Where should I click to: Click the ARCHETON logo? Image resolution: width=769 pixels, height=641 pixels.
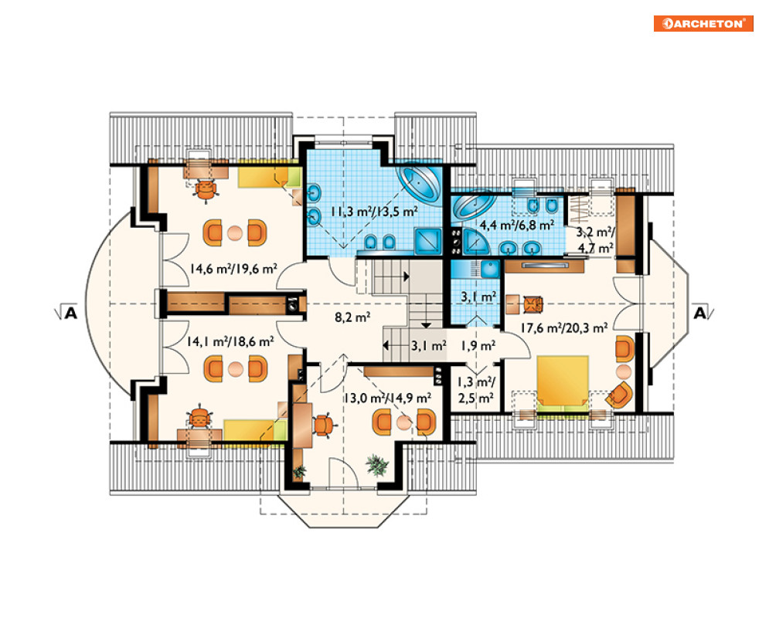(703, 23)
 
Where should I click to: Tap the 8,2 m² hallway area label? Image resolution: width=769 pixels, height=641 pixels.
(352, 317)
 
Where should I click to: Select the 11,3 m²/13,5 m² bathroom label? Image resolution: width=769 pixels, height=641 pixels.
(374, 212)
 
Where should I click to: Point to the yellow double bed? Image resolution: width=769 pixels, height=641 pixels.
(562, 384)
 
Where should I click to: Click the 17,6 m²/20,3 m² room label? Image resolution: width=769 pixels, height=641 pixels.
(564, 327)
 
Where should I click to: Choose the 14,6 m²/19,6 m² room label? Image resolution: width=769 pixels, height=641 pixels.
(233, 269)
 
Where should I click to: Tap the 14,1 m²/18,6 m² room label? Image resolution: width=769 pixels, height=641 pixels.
(230, 341)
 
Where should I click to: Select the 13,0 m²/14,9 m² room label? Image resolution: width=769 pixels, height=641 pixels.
(387, 398)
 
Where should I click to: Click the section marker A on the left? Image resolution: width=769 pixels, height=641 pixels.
(70, 312)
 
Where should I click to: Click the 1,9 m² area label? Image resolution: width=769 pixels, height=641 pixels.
(478, 346)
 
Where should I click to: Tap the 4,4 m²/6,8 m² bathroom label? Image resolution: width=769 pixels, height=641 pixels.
(517, 225)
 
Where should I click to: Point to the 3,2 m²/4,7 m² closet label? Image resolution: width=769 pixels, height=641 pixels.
(595, 239)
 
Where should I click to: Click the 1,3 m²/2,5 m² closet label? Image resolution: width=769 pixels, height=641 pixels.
(476, 389)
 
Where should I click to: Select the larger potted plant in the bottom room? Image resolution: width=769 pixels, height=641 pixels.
(377, 465)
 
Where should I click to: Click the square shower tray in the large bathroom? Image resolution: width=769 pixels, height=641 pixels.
(428, 241)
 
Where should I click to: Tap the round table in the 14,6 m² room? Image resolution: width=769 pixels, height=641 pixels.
(235, 232)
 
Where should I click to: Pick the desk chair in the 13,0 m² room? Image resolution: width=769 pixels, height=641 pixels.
(324, 425)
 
